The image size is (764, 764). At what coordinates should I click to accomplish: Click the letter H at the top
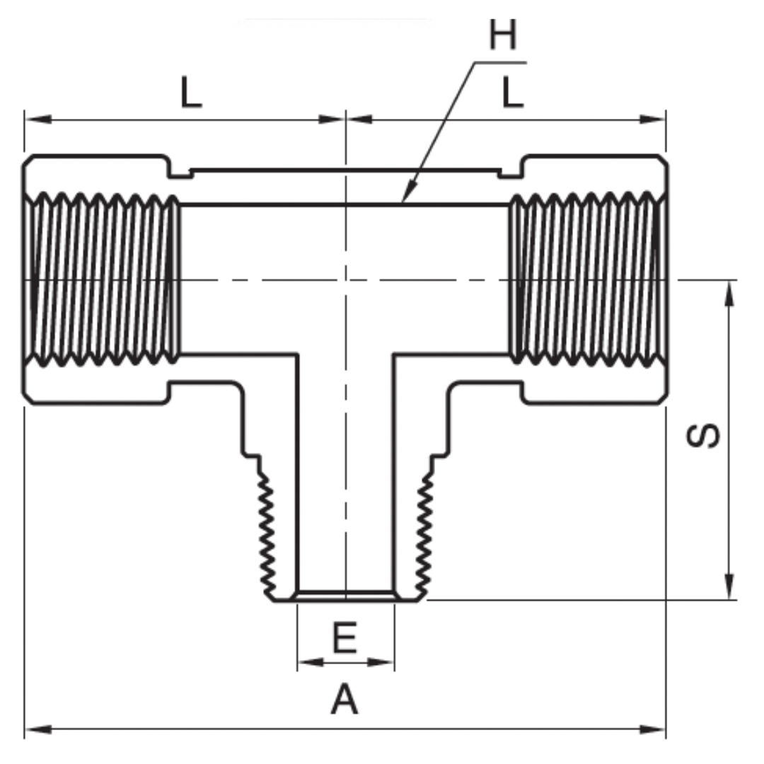[x=503, y=35]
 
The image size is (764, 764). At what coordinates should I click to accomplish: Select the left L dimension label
[x=191, y=93]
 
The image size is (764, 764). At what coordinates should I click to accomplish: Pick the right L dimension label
[x=512, y=93]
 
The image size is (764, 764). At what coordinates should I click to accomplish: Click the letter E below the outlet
[x=345, y=639]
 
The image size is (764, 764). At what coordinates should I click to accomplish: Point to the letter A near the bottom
[x=345, y=700]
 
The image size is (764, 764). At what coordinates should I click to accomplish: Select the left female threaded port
[x=101, y=279]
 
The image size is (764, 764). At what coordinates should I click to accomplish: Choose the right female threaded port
[x=587, y=279]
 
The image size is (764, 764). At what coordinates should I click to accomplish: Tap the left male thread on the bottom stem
[x=267, y=534]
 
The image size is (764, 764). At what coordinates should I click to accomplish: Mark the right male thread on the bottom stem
[x=424, y=534]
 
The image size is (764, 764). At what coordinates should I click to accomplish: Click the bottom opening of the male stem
[x=345, y=596]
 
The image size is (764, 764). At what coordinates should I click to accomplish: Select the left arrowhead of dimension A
[x=35, y=728]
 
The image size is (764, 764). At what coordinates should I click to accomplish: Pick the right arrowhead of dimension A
[x=654, y=728]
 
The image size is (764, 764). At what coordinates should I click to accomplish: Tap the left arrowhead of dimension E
[x=307, y=662]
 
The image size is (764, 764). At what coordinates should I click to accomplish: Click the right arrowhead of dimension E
[x=383, y=662]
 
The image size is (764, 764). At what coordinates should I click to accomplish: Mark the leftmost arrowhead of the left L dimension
[x=35, y=119]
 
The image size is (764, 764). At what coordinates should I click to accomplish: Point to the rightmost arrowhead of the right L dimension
[x=654, y=119]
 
